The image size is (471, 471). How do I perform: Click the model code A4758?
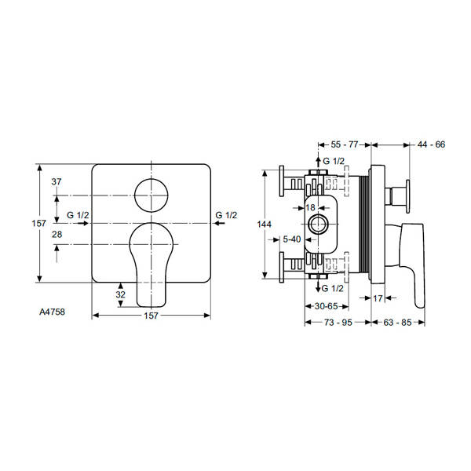[52, 310]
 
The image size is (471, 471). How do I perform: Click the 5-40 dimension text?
[292, 238]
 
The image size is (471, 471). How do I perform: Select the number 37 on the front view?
[56, 181]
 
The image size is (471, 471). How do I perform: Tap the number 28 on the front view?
[56, 235]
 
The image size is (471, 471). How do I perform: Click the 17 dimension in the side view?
[378, 298]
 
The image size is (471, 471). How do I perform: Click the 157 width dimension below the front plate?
[152, 316]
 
